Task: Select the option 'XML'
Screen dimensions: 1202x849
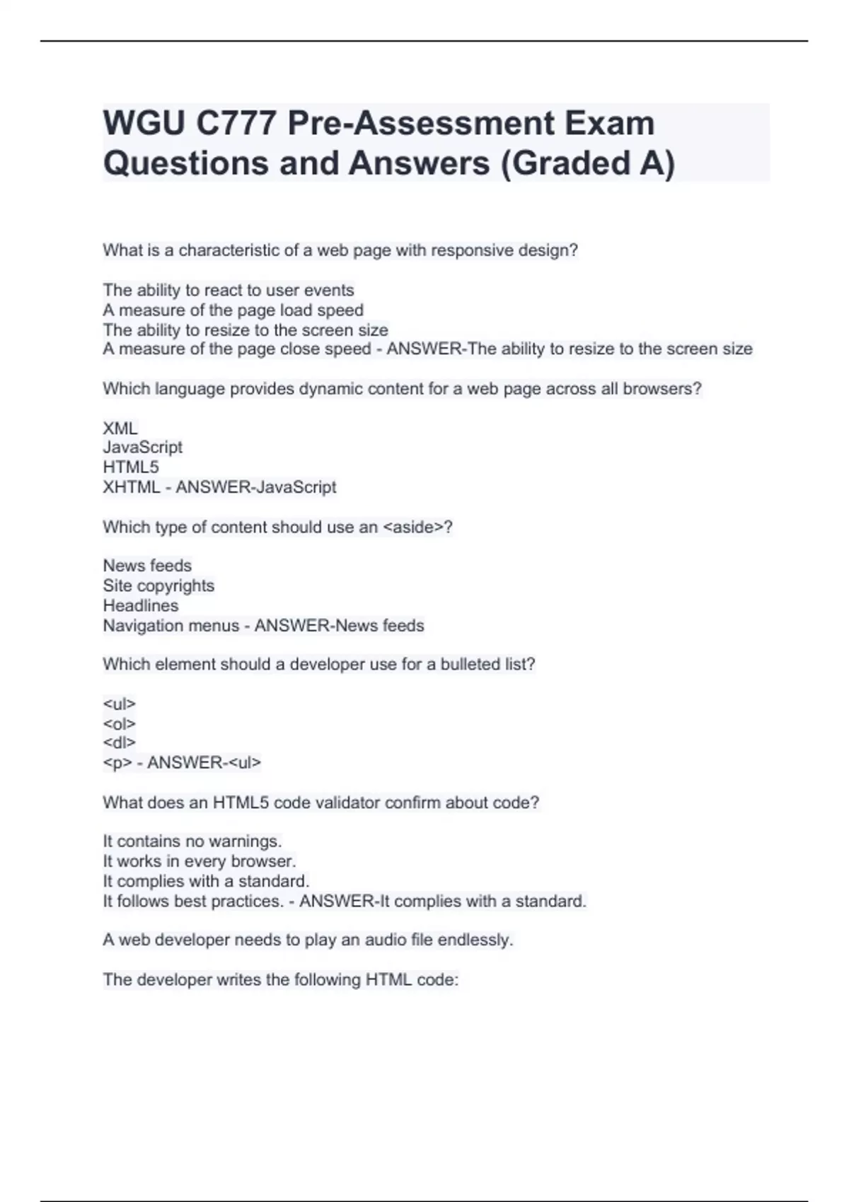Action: point(120,428)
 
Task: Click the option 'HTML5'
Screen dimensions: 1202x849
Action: point(131,467)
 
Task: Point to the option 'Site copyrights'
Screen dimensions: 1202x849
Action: point(158,585)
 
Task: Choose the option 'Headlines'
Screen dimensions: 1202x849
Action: point(141,606)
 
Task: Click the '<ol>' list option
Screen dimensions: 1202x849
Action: point(119,723)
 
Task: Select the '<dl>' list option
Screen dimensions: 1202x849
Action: point(119,742)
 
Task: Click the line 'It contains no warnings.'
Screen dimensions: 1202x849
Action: point(192,841)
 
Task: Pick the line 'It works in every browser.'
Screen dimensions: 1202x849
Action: point(200,861)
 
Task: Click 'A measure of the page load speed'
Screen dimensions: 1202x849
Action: point(233,310)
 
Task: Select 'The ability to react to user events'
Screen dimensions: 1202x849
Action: point(229,291)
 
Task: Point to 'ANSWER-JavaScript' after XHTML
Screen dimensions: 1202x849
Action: point(256,487)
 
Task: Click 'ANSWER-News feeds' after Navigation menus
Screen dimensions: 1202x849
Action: point(340,626)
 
